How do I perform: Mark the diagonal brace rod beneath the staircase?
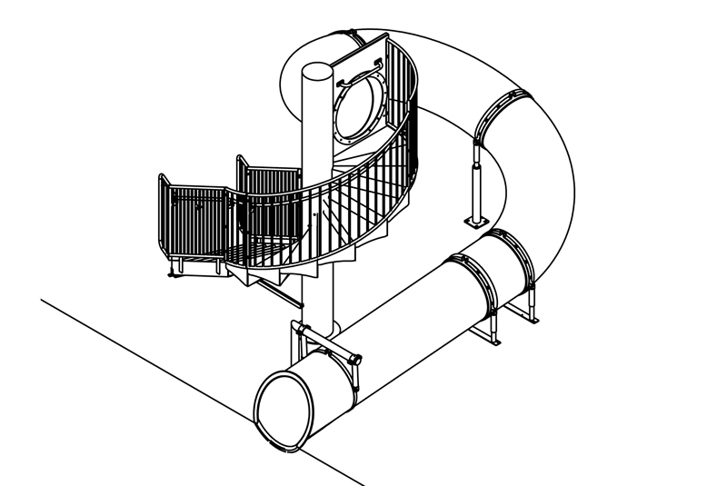(277, 290)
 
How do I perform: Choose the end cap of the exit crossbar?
(356, 361)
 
